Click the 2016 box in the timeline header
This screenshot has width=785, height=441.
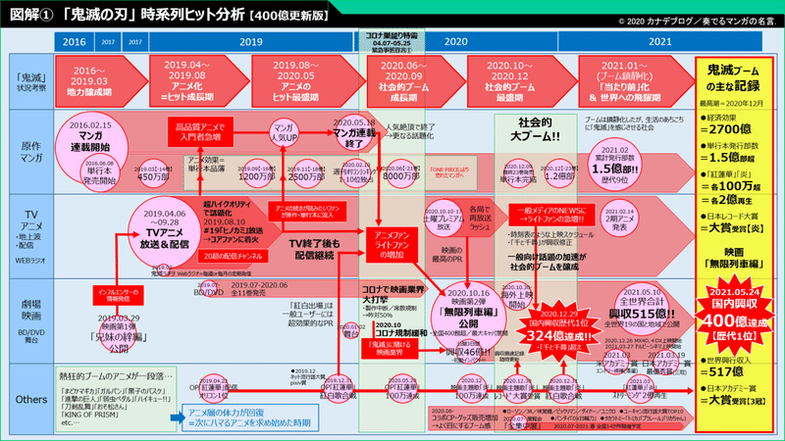(x=75, y=42)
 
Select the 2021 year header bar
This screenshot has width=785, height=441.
(x=632, y=42)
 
